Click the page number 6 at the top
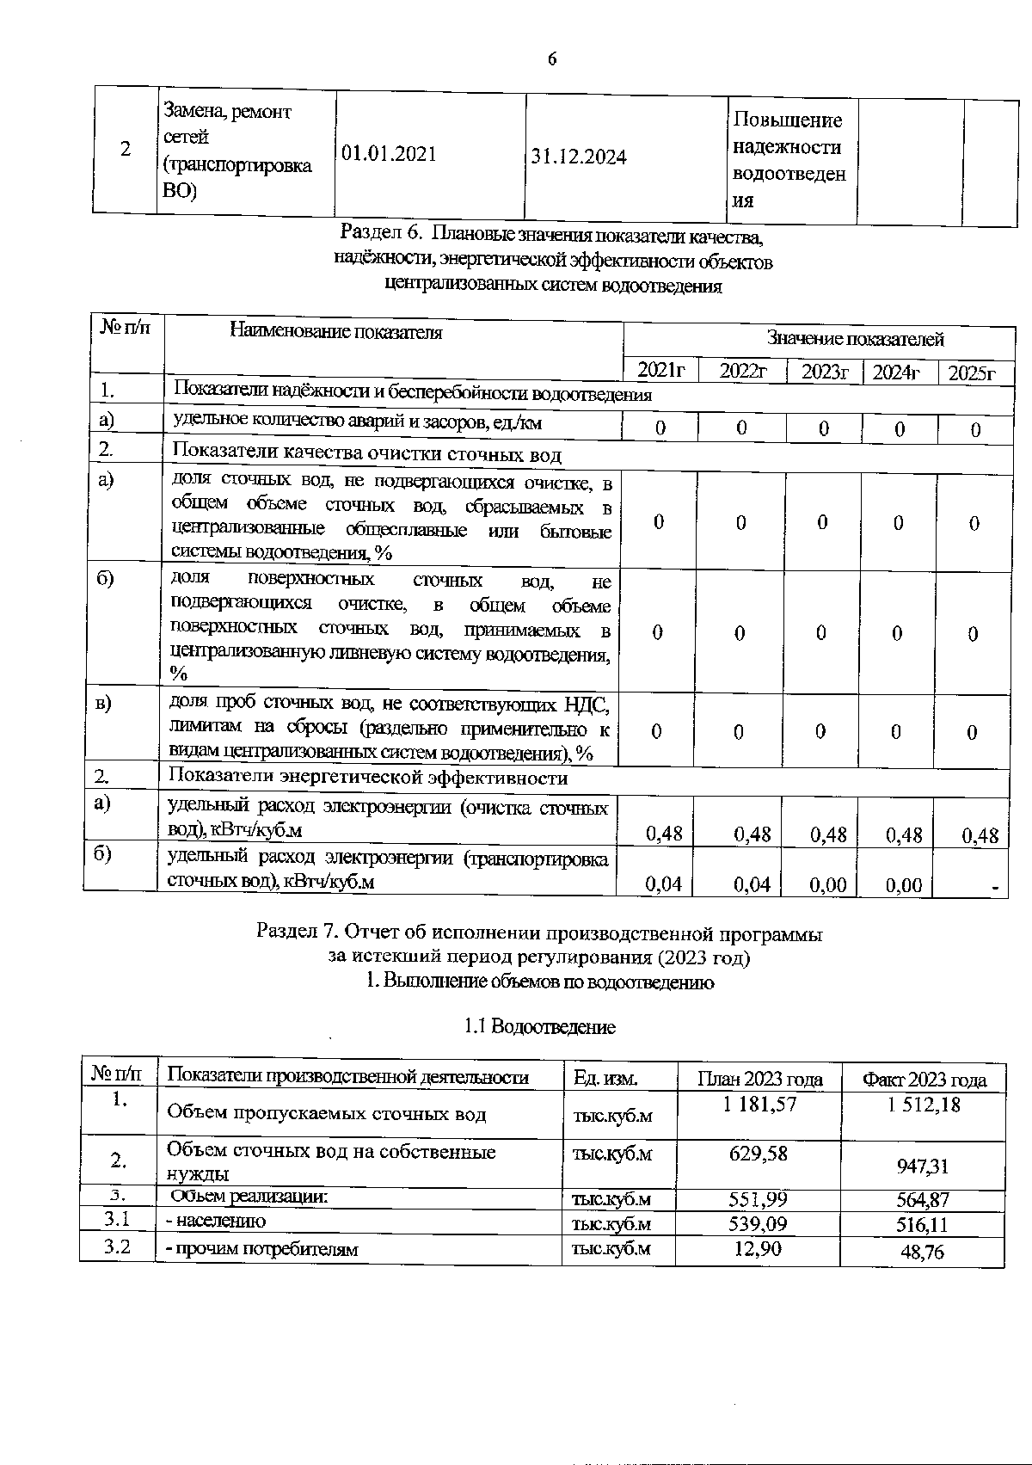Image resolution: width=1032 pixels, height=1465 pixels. [551, 59]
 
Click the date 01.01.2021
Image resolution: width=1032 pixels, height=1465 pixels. [389, 154]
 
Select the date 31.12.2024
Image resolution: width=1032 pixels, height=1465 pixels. [579, 157]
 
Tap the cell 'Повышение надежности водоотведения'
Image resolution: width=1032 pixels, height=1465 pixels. [788, 160]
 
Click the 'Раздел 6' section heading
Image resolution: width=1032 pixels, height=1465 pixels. [552, 234]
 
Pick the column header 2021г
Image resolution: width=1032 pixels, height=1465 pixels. [660, 372]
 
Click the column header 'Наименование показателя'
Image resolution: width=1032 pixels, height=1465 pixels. [336, 332]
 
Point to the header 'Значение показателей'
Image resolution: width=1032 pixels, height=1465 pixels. [855, 339]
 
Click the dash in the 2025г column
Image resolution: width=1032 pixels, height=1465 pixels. [995, 887]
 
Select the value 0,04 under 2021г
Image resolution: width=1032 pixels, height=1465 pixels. [663, 884]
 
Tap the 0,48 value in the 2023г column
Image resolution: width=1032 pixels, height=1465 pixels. [827, 834]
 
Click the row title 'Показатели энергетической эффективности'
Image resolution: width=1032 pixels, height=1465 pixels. [367, 778]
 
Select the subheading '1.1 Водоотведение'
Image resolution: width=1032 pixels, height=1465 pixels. [539, 1026]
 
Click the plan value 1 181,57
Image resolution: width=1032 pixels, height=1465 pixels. [759, 1104]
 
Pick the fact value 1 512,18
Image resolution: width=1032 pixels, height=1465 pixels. [924, 1105]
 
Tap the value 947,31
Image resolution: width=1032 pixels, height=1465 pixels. [922, 1166]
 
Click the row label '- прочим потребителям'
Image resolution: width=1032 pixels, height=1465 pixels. [261, 1249]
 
